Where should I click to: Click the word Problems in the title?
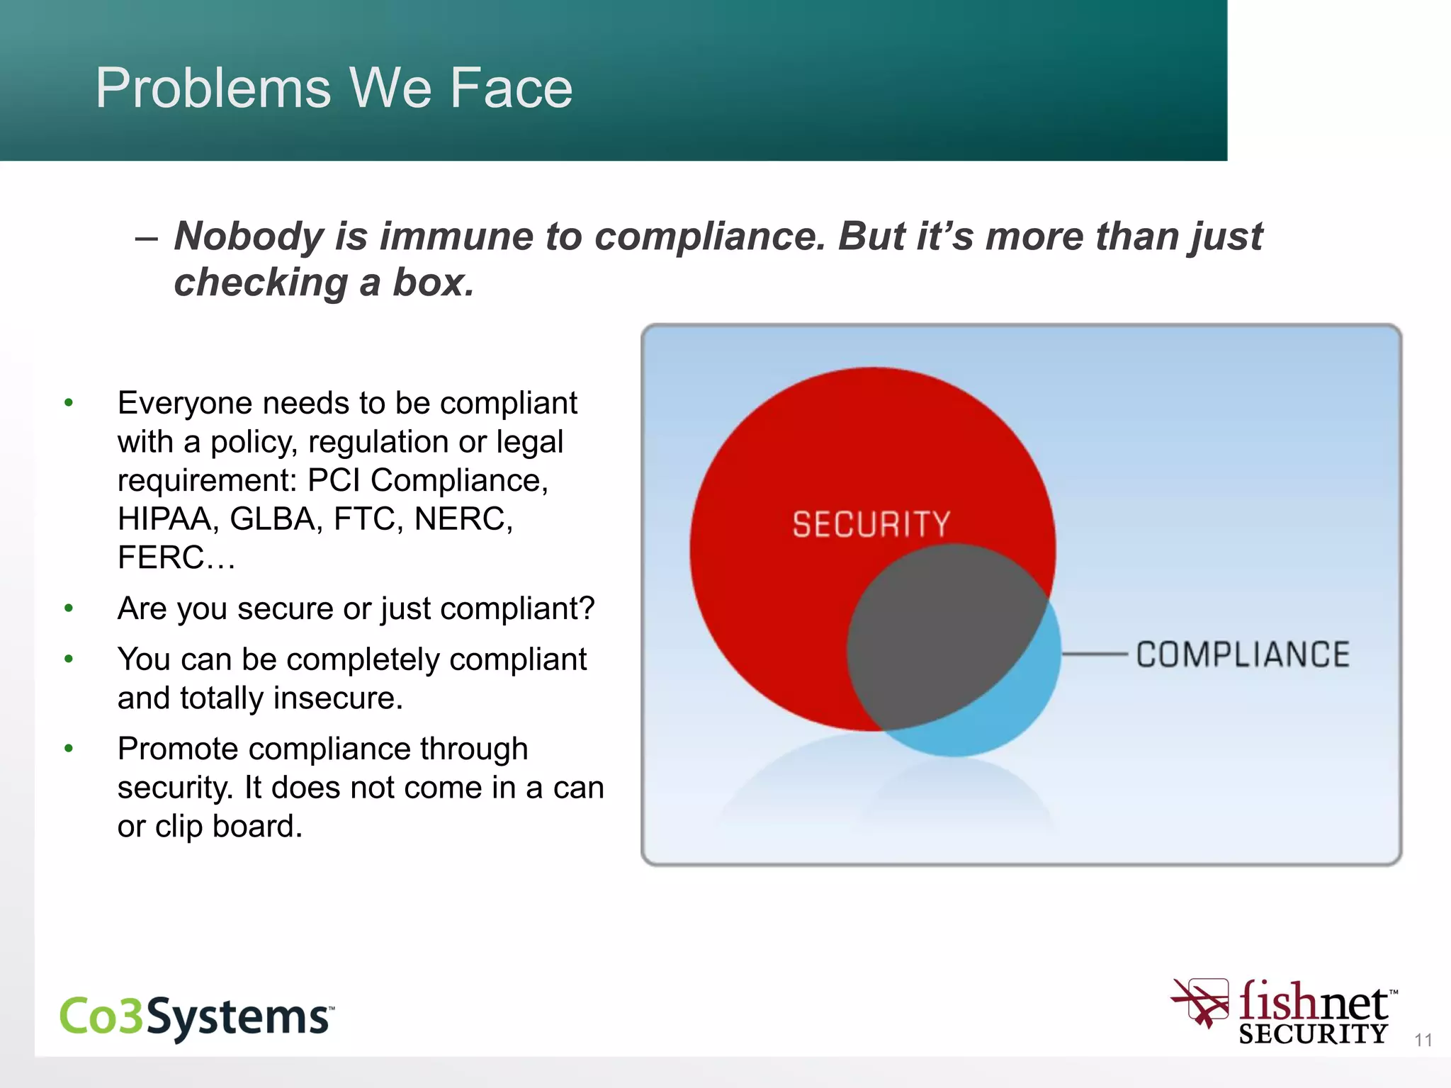pos(213,89)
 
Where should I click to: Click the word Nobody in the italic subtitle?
pos(249,236)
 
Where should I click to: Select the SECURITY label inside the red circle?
pos(871,525)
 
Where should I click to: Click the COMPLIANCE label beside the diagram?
pos(1243,654)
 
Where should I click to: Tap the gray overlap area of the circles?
pos(935,637)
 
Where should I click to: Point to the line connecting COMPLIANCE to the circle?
pos(1095,654)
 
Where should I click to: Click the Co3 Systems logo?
pos(196,1017)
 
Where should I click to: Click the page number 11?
pos(1423,1041)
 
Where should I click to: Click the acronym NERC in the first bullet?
pos(462,519)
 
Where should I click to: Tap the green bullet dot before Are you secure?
pos(69,608)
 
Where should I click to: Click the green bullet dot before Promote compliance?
pos(69,749)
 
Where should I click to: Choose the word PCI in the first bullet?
pos(334,481)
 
